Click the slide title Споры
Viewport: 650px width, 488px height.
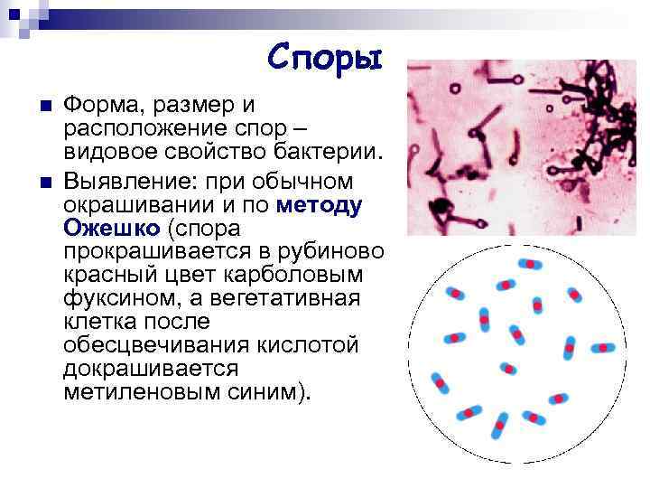pos(325,59)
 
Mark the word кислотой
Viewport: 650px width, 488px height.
pos(304,345)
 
